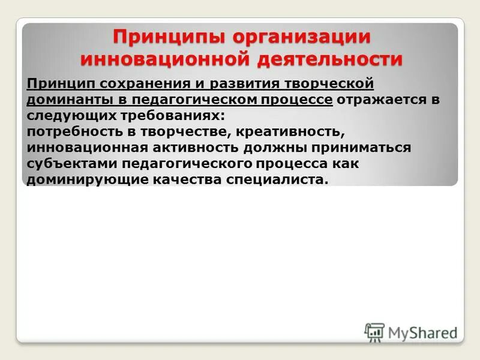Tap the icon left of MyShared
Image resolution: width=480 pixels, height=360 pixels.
[x=374, y=332]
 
